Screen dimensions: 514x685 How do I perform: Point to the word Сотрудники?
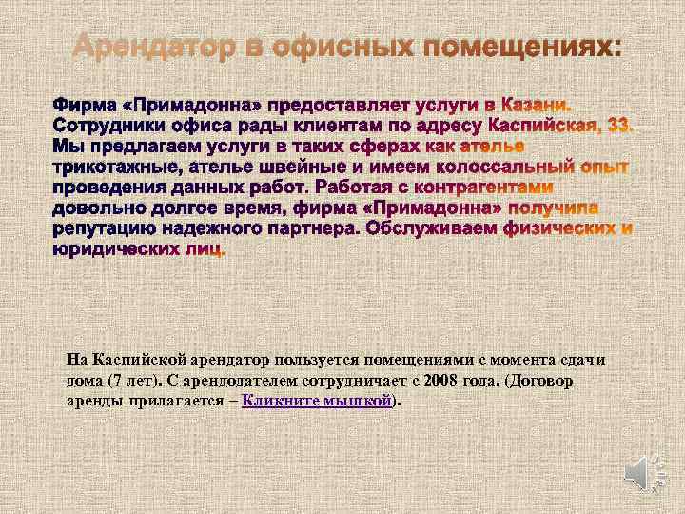pos(106,126)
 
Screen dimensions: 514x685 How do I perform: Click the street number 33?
pos(618,126)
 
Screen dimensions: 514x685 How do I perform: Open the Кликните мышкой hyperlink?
pos(317,401)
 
